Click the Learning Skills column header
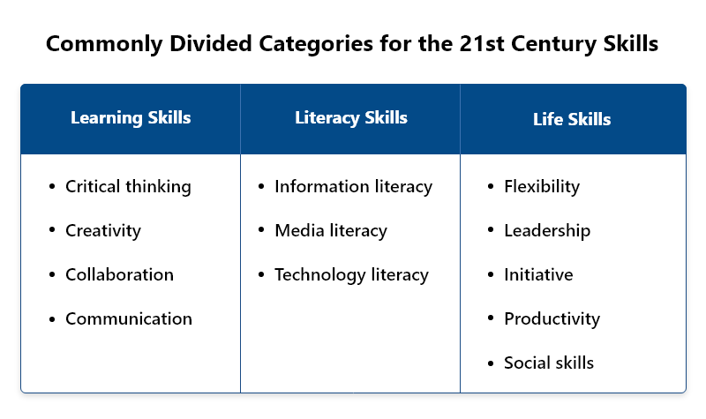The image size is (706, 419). tap(131, 118)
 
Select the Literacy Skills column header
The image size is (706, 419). tap(351, 118)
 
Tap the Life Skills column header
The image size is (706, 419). tap(572, 119)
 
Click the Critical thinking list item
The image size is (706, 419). tap(128, 187)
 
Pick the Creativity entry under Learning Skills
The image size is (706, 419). tap(103, 231)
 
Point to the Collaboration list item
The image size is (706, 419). tap(119, 274)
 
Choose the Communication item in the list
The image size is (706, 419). tap(129, 318)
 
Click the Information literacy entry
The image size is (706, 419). tap(354, 187)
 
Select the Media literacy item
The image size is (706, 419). tap(331, 231)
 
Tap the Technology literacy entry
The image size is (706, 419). tap(351, 275)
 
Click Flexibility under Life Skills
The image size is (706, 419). tap(542, 187)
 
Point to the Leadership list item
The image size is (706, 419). tap(547, 231)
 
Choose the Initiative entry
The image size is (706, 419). tap(538, 274)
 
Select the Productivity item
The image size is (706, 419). tap(552, 319)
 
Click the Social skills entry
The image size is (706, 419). tap(549, 363)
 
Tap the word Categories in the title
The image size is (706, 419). tap(316, 44)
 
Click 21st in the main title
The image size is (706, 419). tap(481, 43)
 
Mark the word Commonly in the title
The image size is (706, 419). tap(104, 44)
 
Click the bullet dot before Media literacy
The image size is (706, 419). tap(261, 230)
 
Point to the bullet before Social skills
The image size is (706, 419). tap(491, 363)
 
